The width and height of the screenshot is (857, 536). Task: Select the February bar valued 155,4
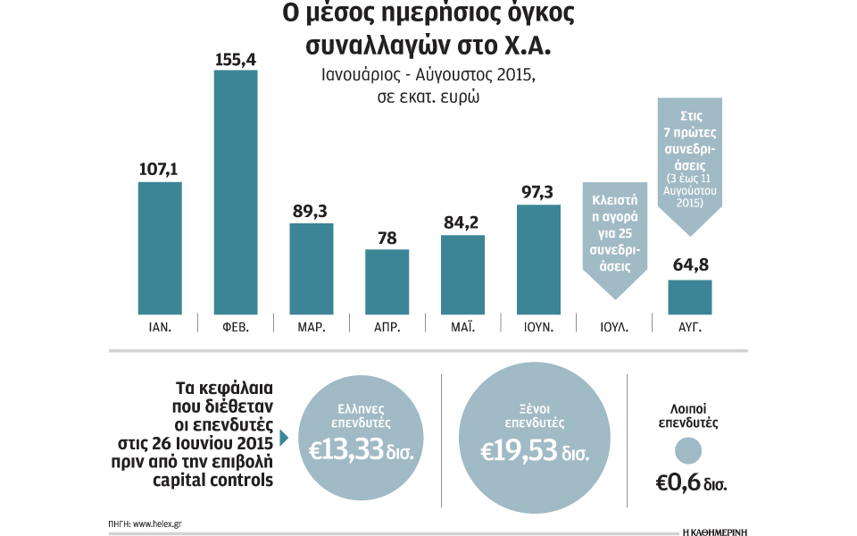point(236,192)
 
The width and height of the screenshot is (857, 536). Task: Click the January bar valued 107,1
point(160,247)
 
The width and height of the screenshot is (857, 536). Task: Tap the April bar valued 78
point(387,281)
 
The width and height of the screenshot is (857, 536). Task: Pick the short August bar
point(690,297)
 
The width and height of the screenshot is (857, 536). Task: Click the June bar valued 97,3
point(538,259)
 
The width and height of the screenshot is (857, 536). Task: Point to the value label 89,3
point(311,211)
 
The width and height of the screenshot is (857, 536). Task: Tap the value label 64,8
point(690,266)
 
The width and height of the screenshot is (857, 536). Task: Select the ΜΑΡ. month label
point(312,328)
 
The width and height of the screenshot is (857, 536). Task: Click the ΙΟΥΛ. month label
point(614,328)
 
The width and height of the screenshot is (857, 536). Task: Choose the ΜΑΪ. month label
point(462,328)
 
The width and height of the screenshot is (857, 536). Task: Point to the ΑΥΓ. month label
point(690,328)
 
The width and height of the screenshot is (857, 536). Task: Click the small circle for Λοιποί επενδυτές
point(689,449)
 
